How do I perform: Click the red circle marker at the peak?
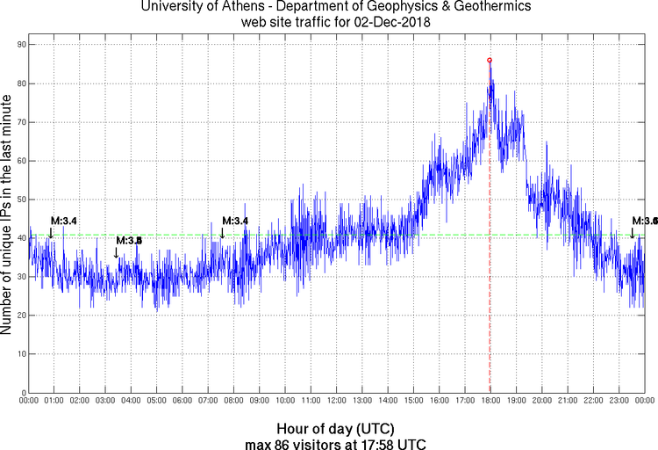(490, 60)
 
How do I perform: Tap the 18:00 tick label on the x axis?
(490, 401)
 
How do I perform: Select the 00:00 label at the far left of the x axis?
(29, 401)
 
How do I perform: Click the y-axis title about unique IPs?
(8, 216)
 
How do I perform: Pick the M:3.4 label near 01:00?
(64, 221)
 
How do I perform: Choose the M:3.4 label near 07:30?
(235, 221)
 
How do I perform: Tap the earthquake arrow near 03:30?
(116, 253)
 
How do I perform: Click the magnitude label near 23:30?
(645, 221)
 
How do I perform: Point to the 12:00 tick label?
(336, 401)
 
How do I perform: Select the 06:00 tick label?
(182, 401)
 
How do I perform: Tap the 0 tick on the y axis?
(23, 393)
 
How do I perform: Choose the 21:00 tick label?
(567, 401)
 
